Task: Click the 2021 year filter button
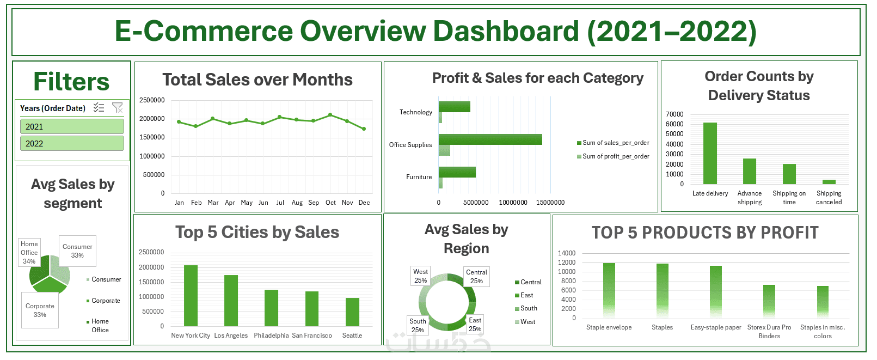72,127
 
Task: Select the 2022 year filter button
72,144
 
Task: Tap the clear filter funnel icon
117,108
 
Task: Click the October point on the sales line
330,115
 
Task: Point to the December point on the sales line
364,129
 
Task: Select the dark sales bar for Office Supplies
490,139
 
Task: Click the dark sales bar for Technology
454,107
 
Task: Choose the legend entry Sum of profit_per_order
615,156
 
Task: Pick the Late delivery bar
710,154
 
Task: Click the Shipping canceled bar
829,182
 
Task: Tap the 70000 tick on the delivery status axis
674,114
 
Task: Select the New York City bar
191,296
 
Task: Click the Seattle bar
352,312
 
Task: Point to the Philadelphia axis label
271,335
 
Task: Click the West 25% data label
420,276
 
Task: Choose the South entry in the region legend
528,308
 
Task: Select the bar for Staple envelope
609,290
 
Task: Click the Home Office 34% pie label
29,253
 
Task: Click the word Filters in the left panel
71,82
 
